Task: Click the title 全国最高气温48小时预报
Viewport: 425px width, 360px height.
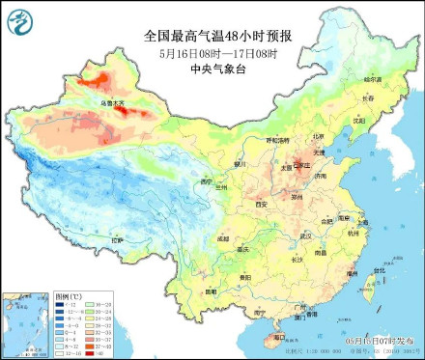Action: point(212,35)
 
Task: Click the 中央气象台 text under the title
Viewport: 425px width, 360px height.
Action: point(212,68)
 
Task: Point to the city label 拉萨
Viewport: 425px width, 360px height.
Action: point(118,238)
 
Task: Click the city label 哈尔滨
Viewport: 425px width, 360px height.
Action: point(372,77)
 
